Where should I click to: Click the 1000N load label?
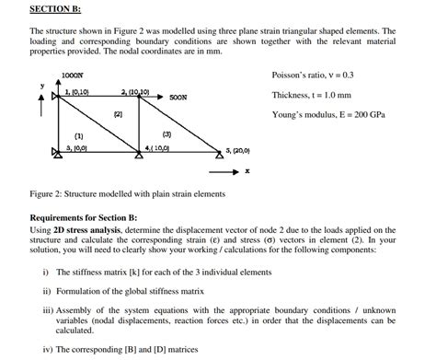[x=71, y=74]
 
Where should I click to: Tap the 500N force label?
[x=180, y=96]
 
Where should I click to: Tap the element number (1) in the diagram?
[x=67, y=134]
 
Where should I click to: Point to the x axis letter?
[x=247, y=171]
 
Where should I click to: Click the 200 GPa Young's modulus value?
[x=379, y=115]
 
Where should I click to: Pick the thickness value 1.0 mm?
[x=337, y=95]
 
